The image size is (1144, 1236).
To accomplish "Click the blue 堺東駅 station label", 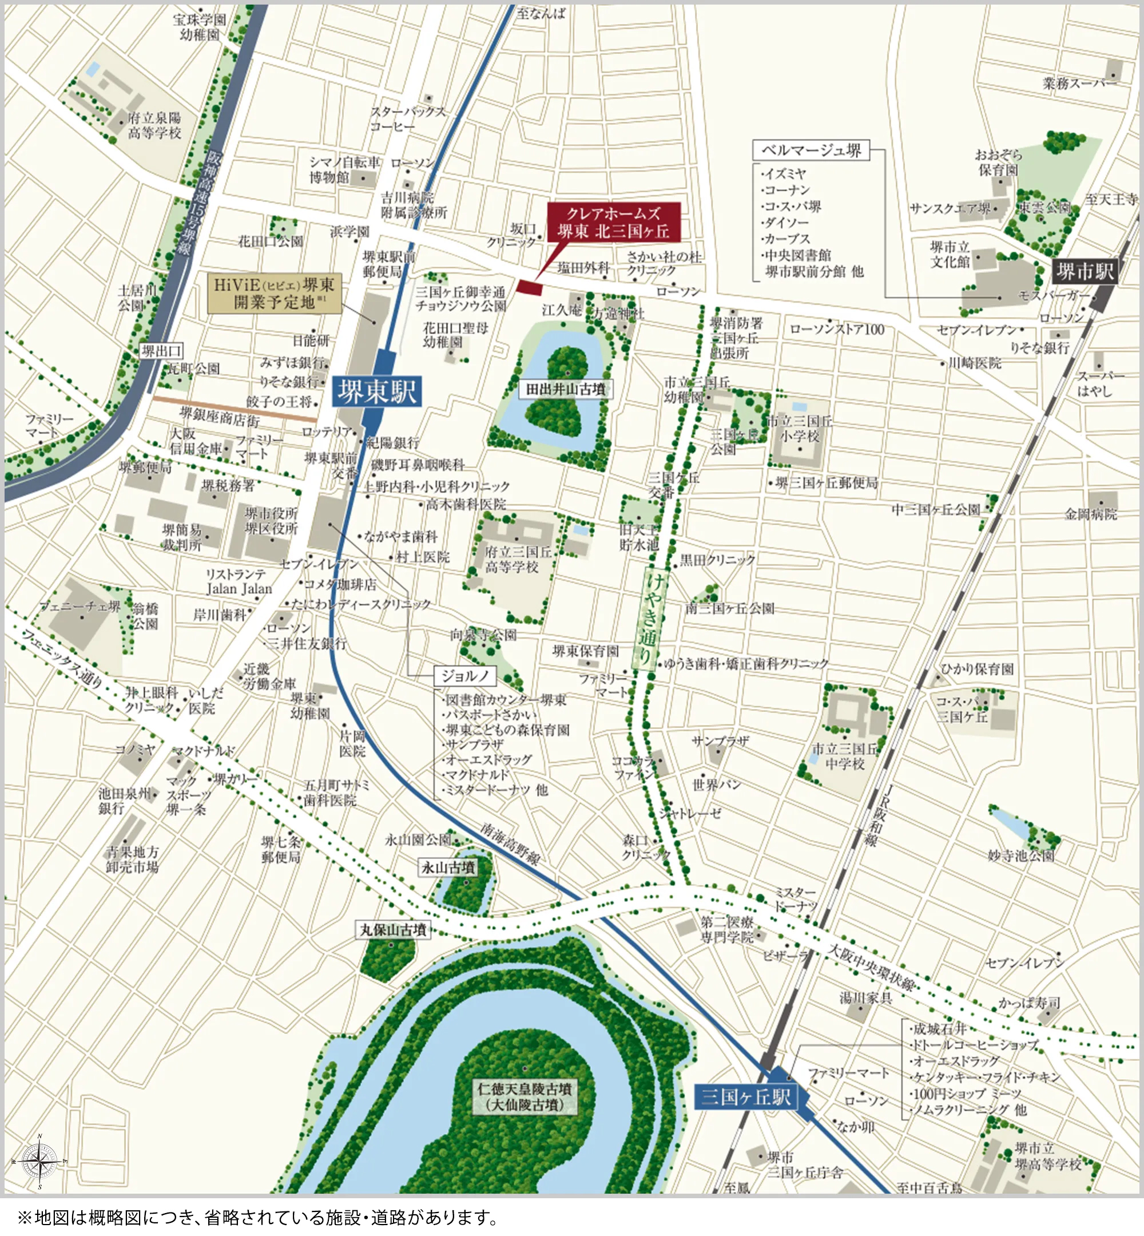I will click(376, 391).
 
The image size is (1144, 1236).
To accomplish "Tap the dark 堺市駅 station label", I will click(1085, 271).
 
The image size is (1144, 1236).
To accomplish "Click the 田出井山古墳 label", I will click(565, 390).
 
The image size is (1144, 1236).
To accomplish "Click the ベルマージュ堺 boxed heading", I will click(811, 150).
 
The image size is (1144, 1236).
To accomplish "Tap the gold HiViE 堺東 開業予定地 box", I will click(274, 294).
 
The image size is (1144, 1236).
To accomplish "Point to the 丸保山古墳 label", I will click(393, 929).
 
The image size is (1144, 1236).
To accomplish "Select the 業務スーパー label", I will click(1079, 83).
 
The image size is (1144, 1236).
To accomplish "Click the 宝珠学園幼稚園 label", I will click(199, 27).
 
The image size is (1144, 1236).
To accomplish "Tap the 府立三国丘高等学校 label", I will click(518, 559).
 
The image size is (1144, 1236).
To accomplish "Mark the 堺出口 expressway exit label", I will click(161, 351).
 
